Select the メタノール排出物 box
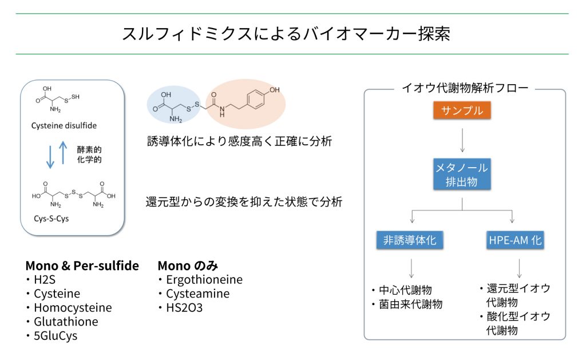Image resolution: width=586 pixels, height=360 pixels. (x=461, y=175)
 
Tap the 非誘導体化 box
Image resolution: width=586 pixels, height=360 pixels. (x=410, y=240)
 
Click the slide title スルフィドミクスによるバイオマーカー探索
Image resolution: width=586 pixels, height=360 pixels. (x=286, y=34)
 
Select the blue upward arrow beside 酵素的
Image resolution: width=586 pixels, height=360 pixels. (x=63, y=155)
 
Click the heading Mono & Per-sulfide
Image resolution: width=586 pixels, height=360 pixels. (x=82, y=266)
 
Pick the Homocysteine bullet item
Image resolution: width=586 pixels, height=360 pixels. (x=72, y=308)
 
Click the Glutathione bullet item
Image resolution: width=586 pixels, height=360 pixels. (x=65, y=322)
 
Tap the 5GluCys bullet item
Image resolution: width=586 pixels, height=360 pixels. (x=55, y=336)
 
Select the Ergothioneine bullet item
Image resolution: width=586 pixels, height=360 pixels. (x=204, y=280)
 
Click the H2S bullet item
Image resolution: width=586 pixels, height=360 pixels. (x=46, y=280)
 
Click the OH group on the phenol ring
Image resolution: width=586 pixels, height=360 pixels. (x=275, y=90)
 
